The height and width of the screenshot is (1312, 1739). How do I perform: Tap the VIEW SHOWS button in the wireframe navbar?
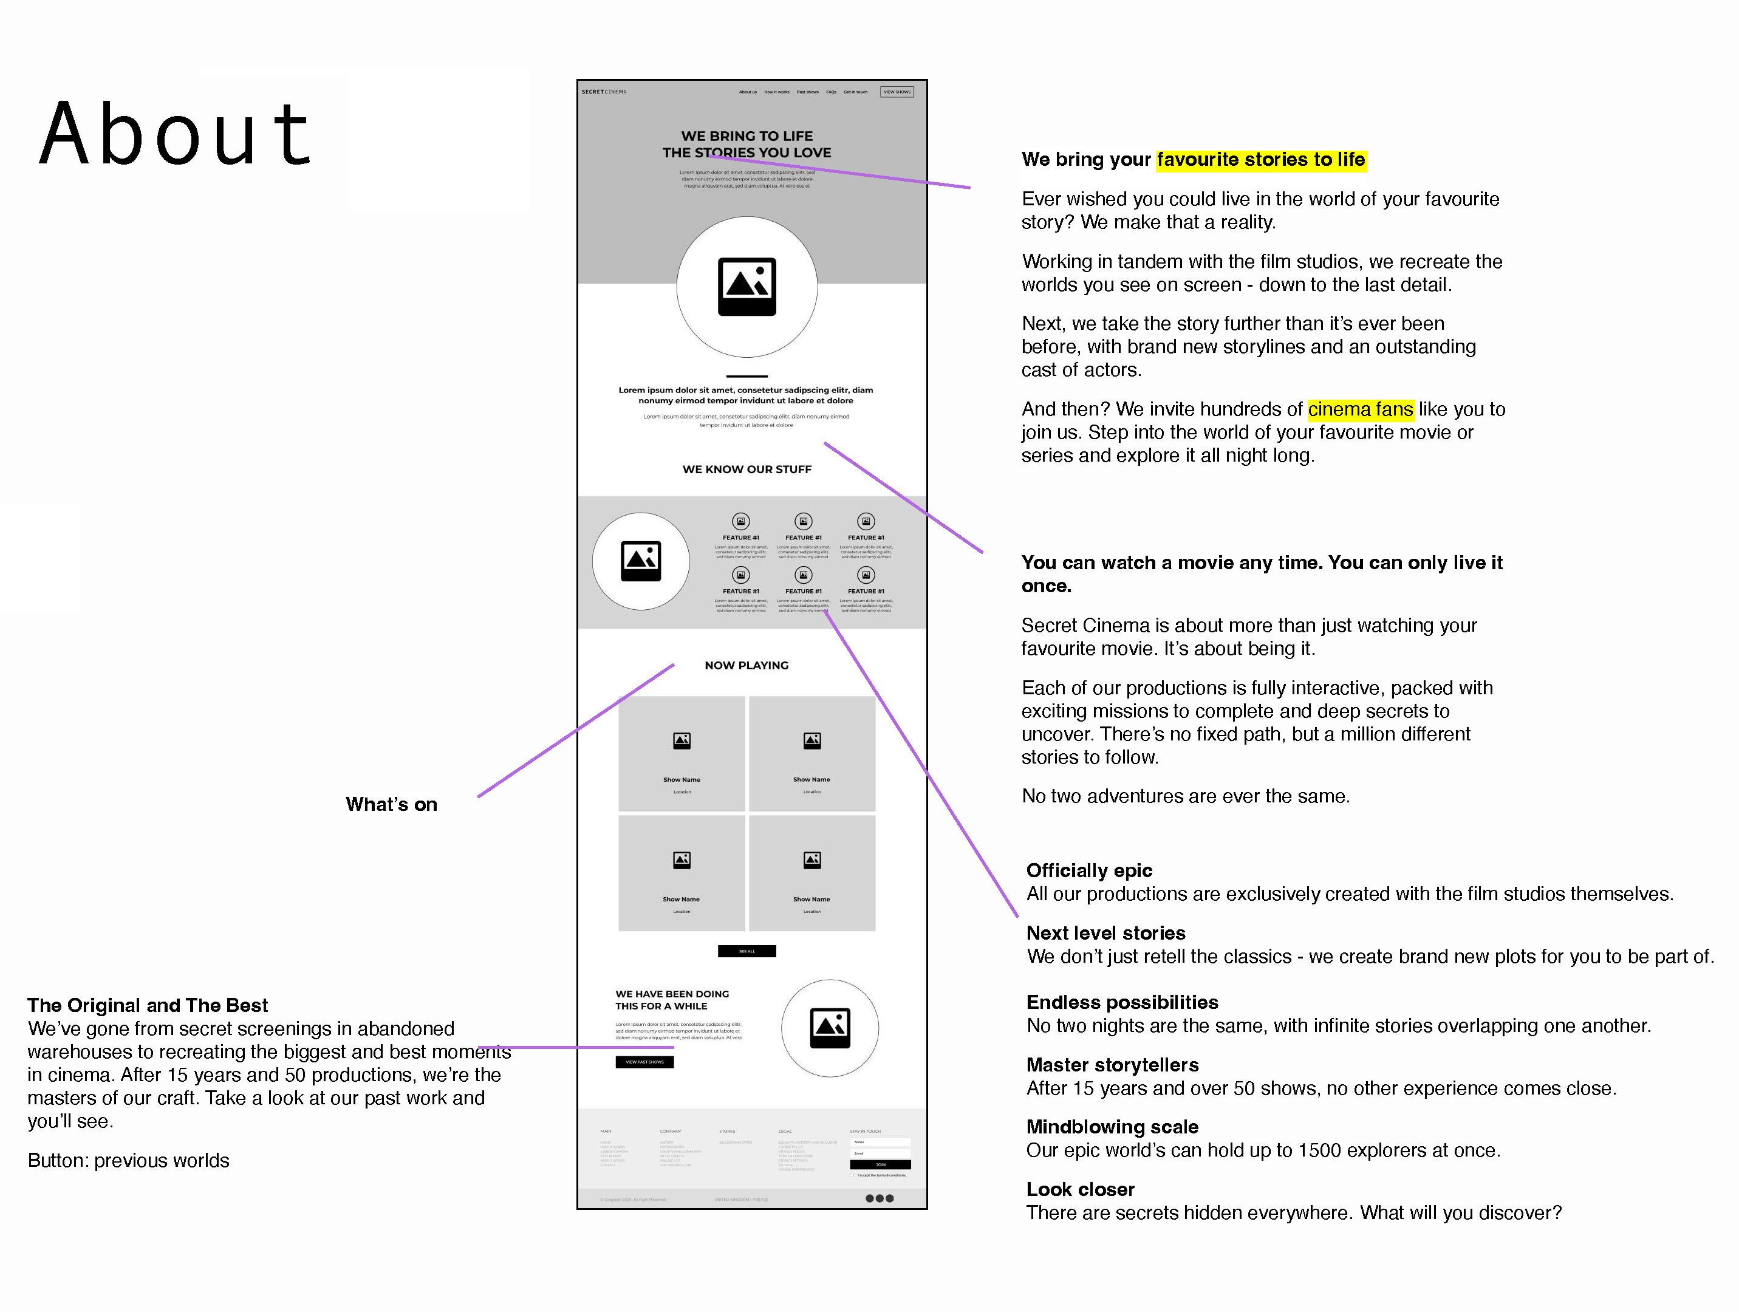(897, 92)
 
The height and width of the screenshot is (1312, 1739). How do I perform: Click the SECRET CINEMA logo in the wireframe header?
(604, 92)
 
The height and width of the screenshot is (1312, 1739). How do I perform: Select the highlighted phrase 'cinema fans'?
(1360, 409)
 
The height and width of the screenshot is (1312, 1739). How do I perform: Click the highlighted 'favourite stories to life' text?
(1260, 160)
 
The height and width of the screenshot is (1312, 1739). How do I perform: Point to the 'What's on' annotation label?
(392, 804)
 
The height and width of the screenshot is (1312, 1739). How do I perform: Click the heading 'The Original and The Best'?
(148, 1005)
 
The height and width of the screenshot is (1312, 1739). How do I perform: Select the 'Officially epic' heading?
(1089, 870)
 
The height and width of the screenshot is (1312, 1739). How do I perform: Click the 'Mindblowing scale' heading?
(1112, 1127)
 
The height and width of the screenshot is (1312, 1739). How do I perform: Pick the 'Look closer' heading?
(1080, 1189)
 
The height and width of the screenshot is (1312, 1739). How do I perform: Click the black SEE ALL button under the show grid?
(746, 951)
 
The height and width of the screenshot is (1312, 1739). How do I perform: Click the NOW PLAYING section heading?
(746, 665)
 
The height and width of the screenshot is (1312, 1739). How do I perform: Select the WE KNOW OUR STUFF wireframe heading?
(746, 470)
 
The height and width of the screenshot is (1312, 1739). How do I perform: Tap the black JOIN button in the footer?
(880, 1164)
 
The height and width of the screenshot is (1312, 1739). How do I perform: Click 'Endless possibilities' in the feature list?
(1122, 1002)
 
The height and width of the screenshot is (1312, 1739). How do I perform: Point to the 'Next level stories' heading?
(1105, 933)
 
